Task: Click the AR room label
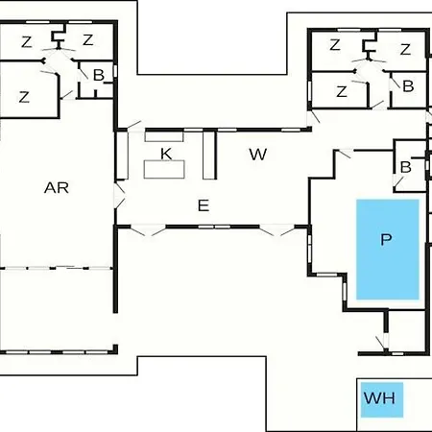tap(57, 188)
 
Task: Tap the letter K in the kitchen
tap(166, 154)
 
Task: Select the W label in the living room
tap(258, 155)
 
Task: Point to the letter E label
tap(204, 205)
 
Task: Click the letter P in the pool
tap(386, 239)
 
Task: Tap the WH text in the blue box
tap(379, 398)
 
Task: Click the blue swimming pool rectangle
tap(388, 250)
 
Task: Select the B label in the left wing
tap(99, 76)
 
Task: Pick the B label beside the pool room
tap(406, 167)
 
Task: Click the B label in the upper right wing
tap(408, 86)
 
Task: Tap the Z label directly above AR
tap(24, 97)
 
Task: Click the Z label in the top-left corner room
tap(27, 42)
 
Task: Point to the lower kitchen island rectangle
tap(164, 169)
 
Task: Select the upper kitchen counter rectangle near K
tap(164, 136)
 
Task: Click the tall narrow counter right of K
tap(208, 156)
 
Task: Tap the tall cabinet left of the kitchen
tap(122, 156)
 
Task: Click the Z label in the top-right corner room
tap(405, 50)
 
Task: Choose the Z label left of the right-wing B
tap(342, 91)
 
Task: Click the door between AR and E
tap(119, 196)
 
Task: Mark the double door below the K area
tap(148, 230)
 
